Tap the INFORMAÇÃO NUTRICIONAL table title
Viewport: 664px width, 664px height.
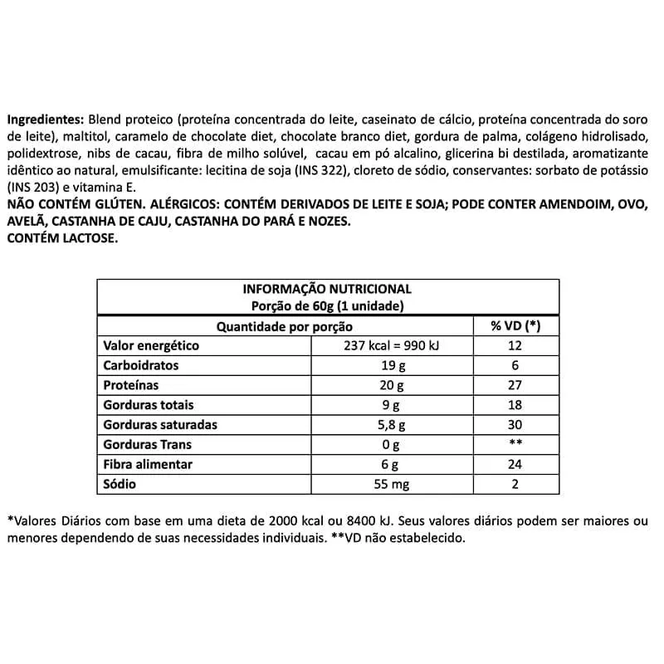coord(327,289)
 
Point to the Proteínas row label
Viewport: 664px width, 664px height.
coord(130,386)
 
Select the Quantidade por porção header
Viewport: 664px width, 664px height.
coord(285,326)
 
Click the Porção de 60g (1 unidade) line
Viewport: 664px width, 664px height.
coord(327,305)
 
